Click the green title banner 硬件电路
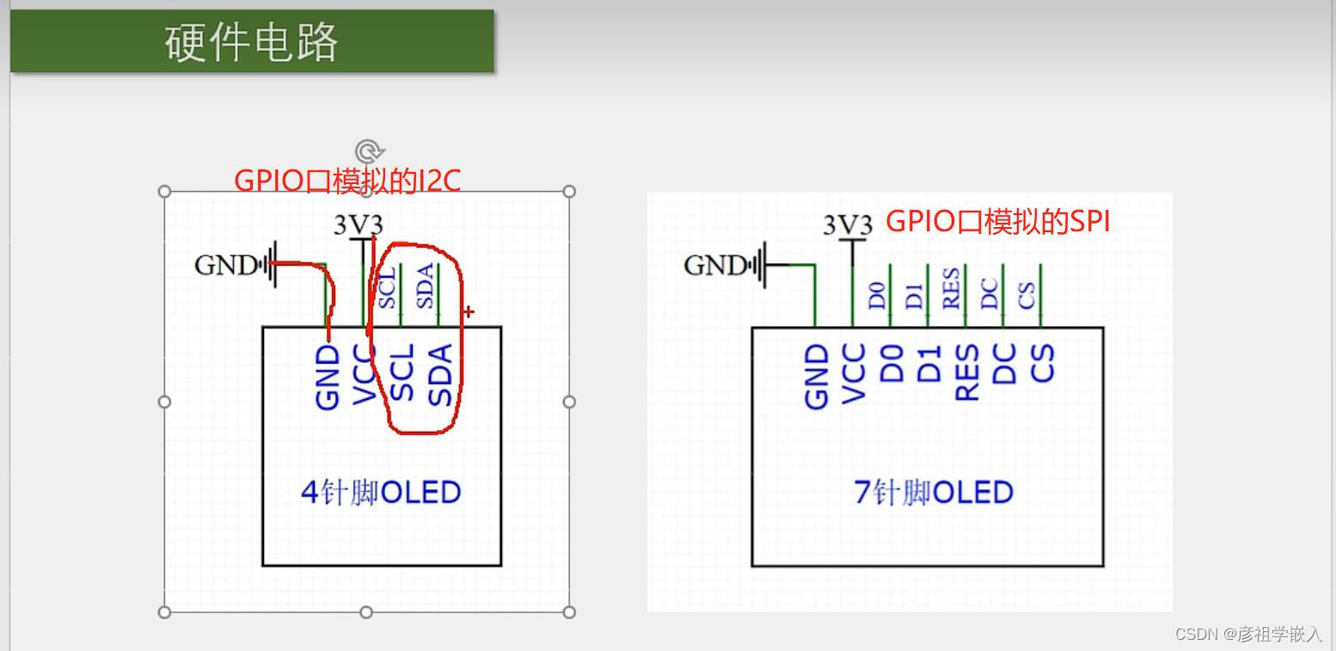point(252,41)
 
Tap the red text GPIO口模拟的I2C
point(347,181)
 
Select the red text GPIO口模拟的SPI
point(997,221)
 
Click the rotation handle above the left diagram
point(368,152)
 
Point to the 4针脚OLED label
point(381,492)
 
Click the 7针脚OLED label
point(933,492)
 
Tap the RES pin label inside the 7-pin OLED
point(967,372)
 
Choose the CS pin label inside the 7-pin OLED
point(1042,363)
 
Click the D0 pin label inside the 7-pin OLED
point(892,363)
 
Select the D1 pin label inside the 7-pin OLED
point(929,363)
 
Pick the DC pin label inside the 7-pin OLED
point(1004,363)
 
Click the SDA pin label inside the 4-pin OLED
point(440,374)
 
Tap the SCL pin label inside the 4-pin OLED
point(402,372)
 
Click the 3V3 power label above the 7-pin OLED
point(847,225)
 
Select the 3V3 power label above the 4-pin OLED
point(358,225)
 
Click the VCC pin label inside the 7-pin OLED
point(853,373)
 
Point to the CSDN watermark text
point(1247,635)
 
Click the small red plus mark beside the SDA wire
point(469,311)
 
